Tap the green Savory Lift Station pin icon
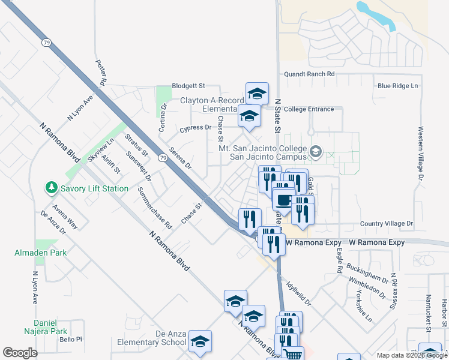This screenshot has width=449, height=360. point(52,188)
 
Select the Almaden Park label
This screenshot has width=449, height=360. point(36,253)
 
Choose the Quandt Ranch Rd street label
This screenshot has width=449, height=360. point(310,74)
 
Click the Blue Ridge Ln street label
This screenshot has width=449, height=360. point(397,86)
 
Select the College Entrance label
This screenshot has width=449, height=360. point(309,109)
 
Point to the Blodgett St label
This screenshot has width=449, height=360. point(188,86)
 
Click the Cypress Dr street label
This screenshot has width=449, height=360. point(196,128)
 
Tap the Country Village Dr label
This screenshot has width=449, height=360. point(387,224)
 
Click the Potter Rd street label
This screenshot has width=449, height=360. point(101,72)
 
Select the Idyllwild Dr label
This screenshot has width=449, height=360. point(298,291)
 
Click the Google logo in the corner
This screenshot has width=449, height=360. point(20,353)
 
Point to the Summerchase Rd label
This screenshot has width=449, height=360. point(155,208)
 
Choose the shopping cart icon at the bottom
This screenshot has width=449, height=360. point(292,354)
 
